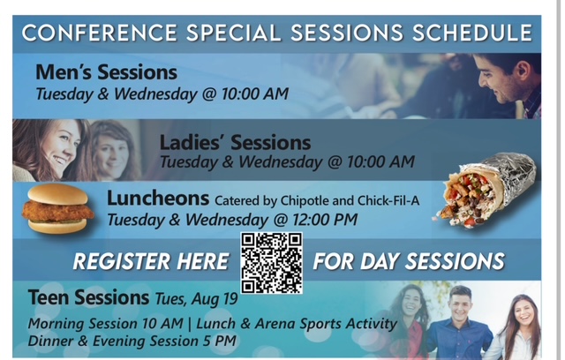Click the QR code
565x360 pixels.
(272, 263)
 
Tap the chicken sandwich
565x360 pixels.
(58, 208)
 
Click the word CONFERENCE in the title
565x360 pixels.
(100, 33)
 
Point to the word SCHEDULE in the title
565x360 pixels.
(472, 33)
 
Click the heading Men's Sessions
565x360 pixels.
(106, 72)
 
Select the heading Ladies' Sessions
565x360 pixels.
(235, 142)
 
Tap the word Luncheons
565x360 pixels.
(158, 199)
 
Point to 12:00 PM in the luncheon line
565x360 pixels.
(325, 219)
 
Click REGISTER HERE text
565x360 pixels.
(151, 261)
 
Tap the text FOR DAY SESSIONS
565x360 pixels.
(409, 261)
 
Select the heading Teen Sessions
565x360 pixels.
(88, 297)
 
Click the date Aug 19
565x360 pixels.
(215, 299)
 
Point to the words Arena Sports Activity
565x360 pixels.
(326, 323)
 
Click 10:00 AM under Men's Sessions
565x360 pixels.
(255, 94)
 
